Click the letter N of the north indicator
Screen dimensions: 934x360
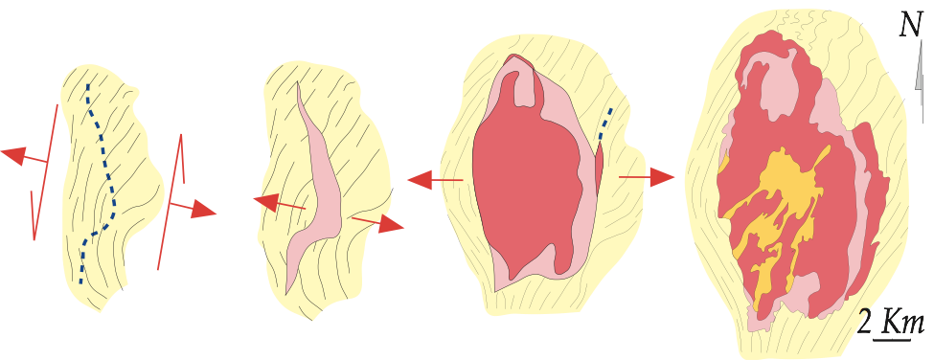click(911, 26)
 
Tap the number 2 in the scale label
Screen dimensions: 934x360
click(865, 325)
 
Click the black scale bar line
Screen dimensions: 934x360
click(892, 340)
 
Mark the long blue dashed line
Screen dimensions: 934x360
click(99, 178)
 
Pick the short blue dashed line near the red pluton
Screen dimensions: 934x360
click(604, 129)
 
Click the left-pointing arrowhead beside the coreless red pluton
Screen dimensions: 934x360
click(420, 179)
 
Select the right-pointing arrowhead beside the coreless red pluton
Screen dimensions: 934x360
click(662, 177)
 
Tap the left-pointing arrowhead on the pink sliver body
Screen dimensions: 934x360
click(266, 202)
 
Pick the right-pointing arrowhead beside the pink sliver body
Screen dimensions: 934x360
click(391, 225)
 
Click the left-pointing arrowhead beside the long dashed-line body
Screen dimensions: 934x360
click(15, 155)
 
